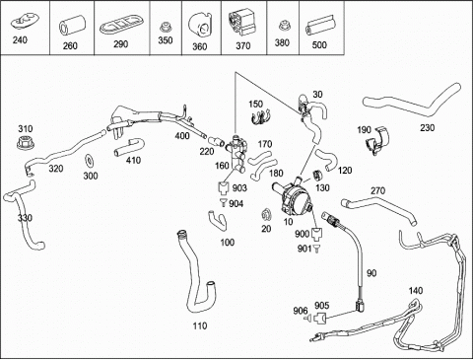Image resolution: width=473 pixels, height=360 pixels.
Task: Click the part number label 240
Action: click(20, 40)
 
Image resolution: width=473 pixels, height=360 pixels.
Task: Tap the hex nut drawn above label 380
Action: click(283, 27)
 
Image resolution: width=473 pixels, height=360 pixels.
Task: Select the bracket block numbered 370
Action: click(242, 23)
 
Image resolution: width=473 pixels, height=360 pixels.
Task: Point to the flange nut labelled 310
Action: click(26, 141)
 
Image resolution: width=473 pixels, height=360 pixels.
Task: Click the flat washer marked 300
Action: click(89, 160)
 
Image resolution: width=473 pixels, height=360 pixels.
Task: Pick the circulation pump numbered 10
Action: click(293, 195)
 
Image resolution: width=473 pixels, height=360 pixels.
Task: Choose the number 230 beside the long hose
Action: click(427, 127)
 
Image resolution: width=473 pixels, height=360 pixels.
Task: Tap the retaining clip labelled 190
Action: click(377, 141)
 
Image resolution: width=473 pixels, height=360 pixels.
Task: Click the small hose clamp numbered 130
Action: click(318, 176)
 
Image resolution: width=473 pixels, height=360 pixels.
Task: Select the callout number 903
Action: click(239, 188)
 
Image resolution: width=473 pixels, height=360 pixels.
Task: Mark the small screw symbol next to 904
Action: click(224, 202)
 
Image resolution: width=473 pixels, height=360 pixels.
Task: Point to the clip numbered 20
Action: click(266, 215)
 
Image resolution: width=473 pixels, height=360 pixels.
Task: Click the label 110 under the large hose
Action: click(200, 325)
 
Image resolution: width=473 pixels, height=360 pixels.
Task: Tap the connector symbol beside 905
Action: click(320, 319)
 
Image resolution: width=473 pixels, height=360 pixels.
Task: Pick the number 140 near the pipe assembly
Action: click(416, 291)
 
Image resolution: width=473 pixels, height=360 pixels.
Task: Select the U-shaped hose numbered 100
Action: click(218, 220)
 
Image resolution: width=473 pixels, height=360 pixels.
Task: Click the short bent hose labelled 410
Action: click(129, 148)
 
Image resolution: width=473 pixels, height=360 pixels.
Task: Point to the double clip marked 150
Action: click(260, 117)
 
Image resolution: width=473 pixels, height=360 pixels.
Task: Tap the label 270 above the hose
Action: click(377, 190)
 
